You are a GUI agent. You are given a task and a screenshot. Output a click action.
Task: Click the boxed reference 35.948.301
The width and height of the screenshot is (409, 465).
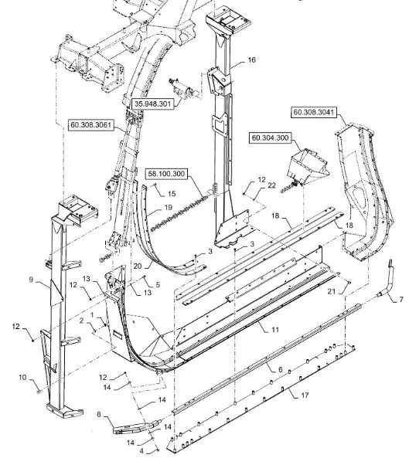pyautogui.click(x=152, y=104)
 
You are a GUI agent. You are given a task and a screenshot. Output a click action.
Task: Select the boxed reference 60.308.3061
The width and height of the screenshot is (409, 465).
pyautogui.click(x=90, y=125)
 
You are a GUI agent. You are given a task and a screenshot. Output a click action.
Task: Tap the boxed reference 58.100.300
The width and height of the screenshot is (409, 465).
pyautogui.click(x=166, y=174)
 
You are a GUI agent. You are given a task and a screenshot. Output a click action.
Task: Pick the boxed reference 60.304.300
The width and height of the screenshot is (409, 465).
pyautogui.click(x=270, y=137)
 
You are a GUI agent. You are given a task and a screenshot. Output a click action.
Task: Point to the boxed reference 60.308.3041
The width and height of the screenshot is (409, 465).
pyautogui.click(x=314, y=112)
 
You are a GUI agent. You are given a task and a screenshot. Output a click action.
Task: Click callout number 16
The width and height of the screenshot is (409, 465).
pyautogui.click(x=251, y=60)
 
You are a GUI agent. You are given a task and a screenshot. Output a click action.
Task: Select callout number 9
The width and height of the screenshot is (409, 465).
pyautogui.click(x=31, y=280)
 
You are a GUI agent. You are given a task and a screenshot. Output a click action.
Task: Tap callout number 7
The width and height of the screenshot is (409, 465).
pyautogui.click(x=401, y=299)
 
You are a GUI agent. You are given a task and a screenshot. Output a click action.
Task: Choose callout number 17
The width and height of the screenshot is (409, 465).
pyautogui.click(x=305, y=395)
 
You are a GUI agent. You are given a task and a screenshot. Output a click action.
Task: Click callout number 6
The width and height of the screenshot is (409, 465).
pyautogui.click(x=280, y=369)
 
